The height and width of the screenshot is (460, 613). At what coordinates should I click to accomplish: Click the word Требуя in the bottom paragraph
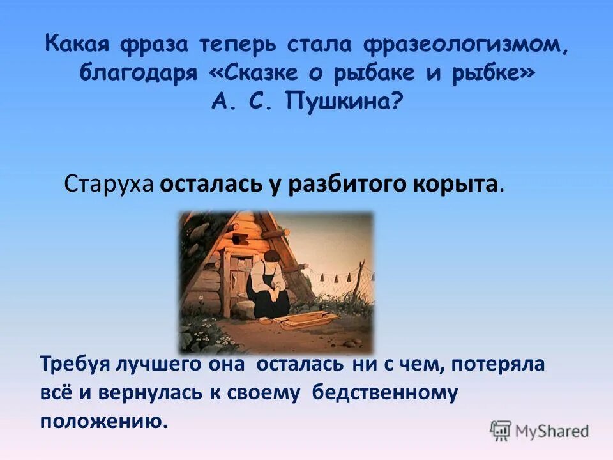(x=75, y=364)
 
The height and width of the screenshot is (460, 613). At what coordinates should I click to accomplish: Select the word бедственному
(x=385, y=394)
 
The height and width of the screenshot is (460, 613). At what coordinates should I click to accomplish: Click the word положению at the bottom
(x=104, y=421)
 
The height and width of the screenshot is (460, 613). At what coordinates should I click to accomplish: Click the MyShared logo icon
(x=501, y=431)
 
